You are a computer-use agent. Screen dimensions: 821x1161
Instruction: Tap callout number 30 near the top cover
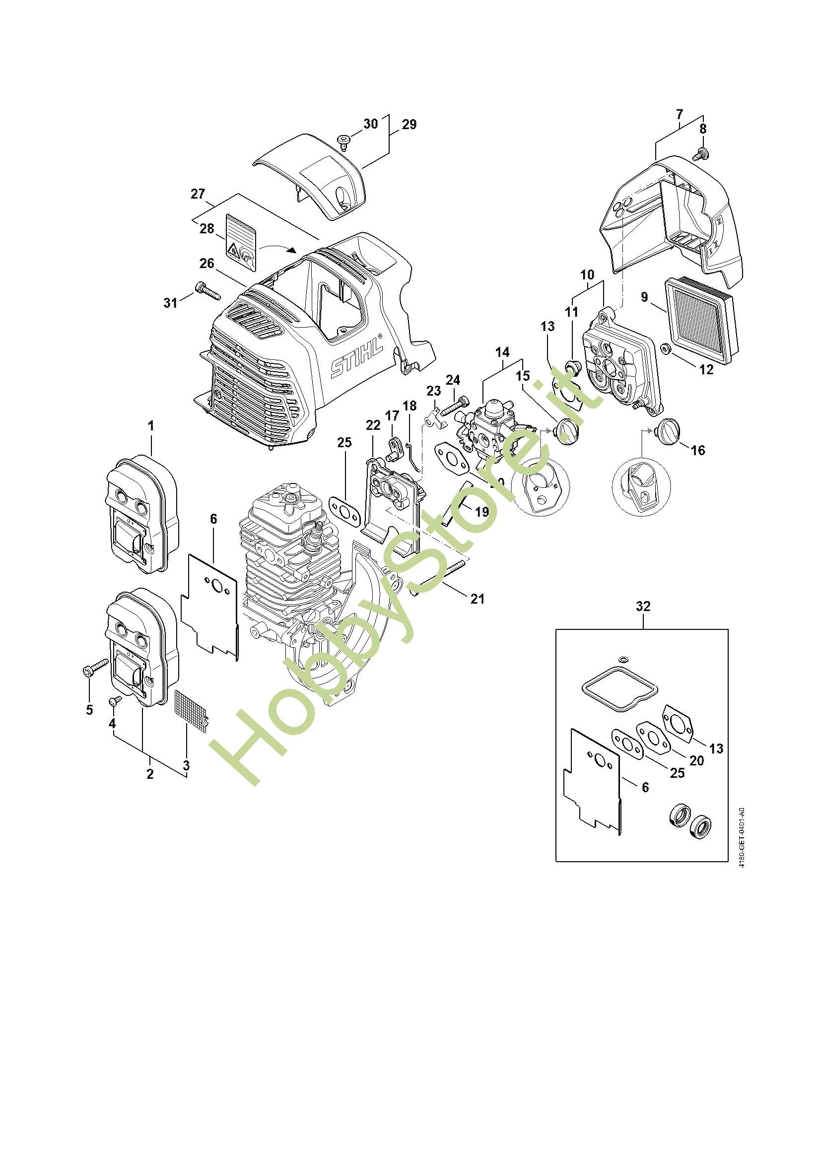click(371, 124)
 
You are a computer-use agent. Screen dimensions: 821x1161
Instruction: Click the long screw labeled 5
click(95, 666)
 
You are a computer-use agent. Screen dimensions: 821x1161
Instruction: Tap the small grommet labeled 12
click(666, 348)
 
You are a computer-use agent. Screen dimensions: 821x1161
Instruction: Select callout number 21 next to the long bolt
click(477, 599)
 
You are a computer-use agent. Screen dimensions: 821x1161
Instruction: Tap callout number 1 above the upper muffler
click(151, 426)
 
